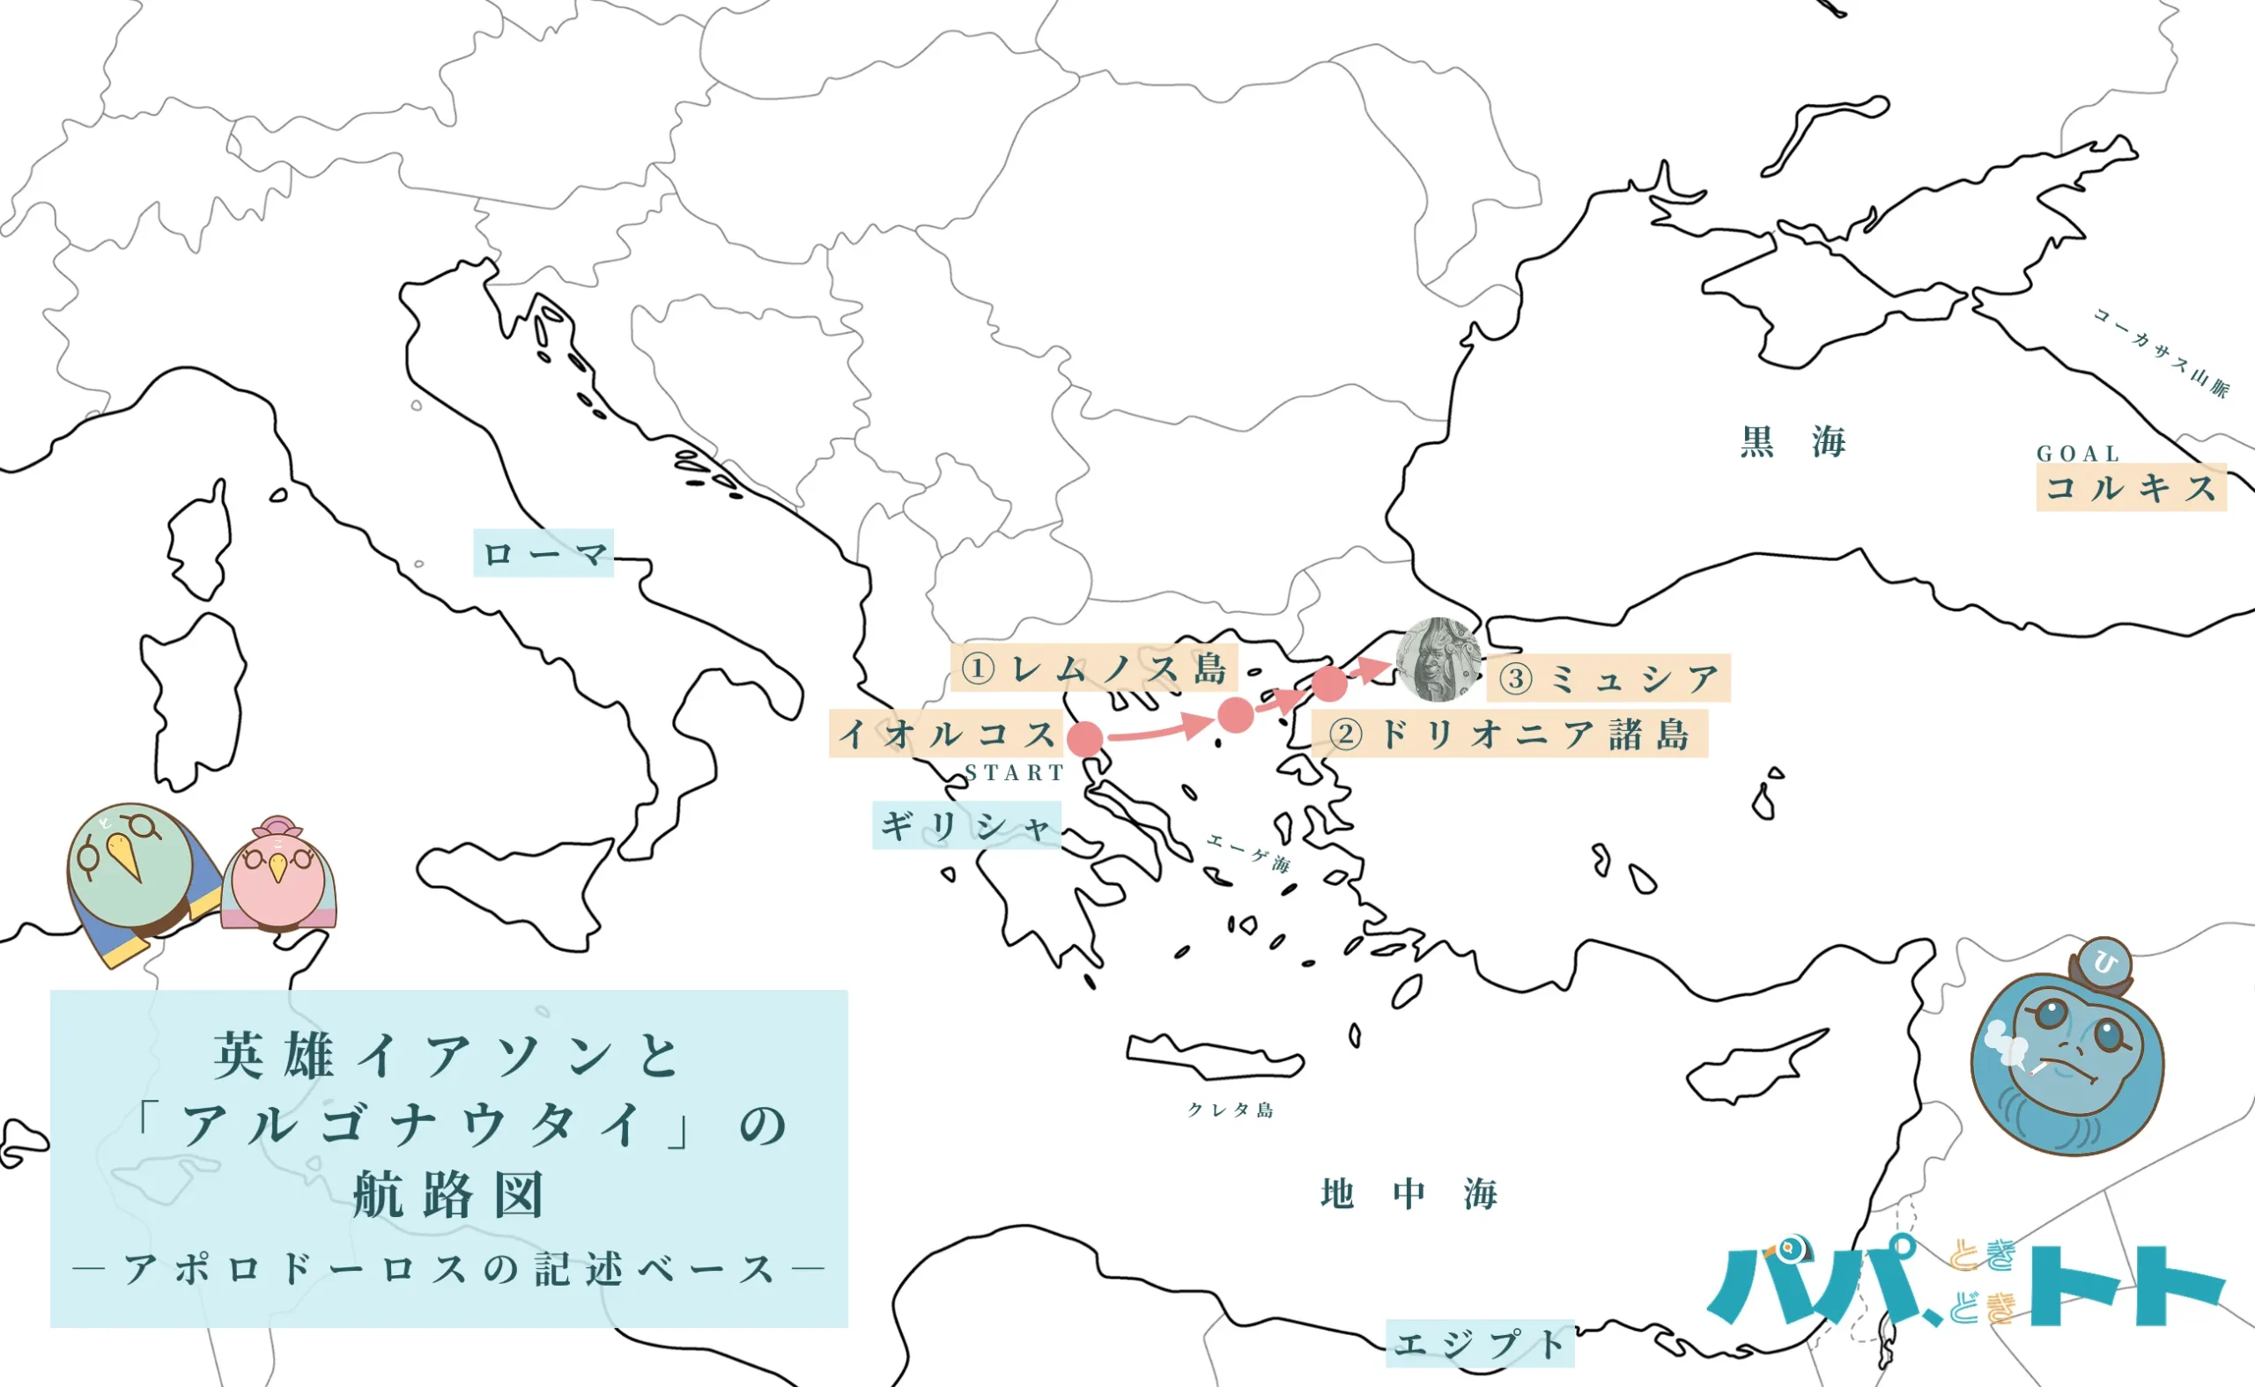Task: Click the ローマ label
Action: pyautogui.click(x=543, y=553)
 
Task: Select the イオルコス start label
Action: pyautogui.click(x=946, y=734)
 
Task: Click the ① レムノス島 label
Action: pyautogui.click(x=1093, y=668)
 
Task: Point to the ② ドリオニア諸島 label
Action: pyautogui.click(x=1510, y=734)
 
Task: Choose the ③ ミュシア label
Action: pyautogui.click(x=1608, y=679)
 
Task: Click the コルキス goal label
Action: pyautogui.click(x=2130, y=487)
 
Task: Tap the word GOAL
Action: pyautogui.click(x=2078, y=454)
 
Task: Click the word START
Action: pyautogui.click(x=1014, y=772)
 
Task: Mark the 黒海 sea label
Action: pyautogui.click(x=1793, y=442)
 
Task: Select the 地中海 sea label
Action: pyautogui.click(x=1408, y=1193)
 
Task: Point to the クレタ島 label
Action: pyautogui.click(x=1231, y=1110)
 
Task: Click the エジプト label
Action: pyautogui.click(x=1479, y=1344)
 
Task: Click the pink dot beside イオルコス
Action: pyautogui.click(x=1085, y=739)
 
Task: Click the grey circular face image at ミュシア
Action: pyautogui.click(x=1438, y=660)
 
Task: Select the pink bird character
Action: pyautogui.click(x=278, y=874)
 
